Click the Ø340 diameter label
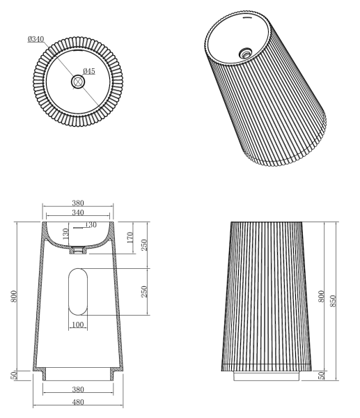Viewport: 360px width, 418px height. click(x=37, y=40)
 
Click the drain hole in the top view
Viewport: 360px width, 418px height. click(x=78, y=82)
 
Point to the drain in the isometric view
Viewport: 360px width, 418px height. click(x=245, y=51)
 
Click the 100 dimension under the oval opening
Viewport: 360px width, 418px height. click(x=78, y=325)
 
